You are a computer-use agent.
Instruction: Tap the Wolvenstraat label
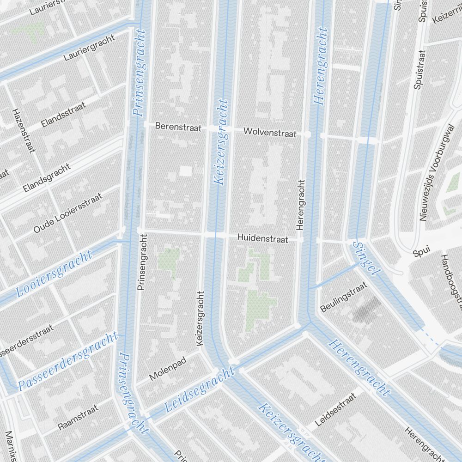click(270, 133)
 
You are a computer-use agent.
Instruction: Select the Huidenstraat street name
click(263, 239)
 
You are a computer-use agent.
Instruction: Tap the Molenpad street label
click(167, 369)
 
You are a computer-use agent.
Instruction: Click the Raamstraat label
click(78, 417)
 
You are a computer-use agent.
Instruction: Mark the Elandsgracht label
click(47, 178)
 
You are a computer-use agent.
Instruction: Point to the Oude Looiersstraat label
click(68, 213)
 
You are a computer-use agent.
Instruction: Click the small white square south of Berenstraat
click(185, 171)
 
